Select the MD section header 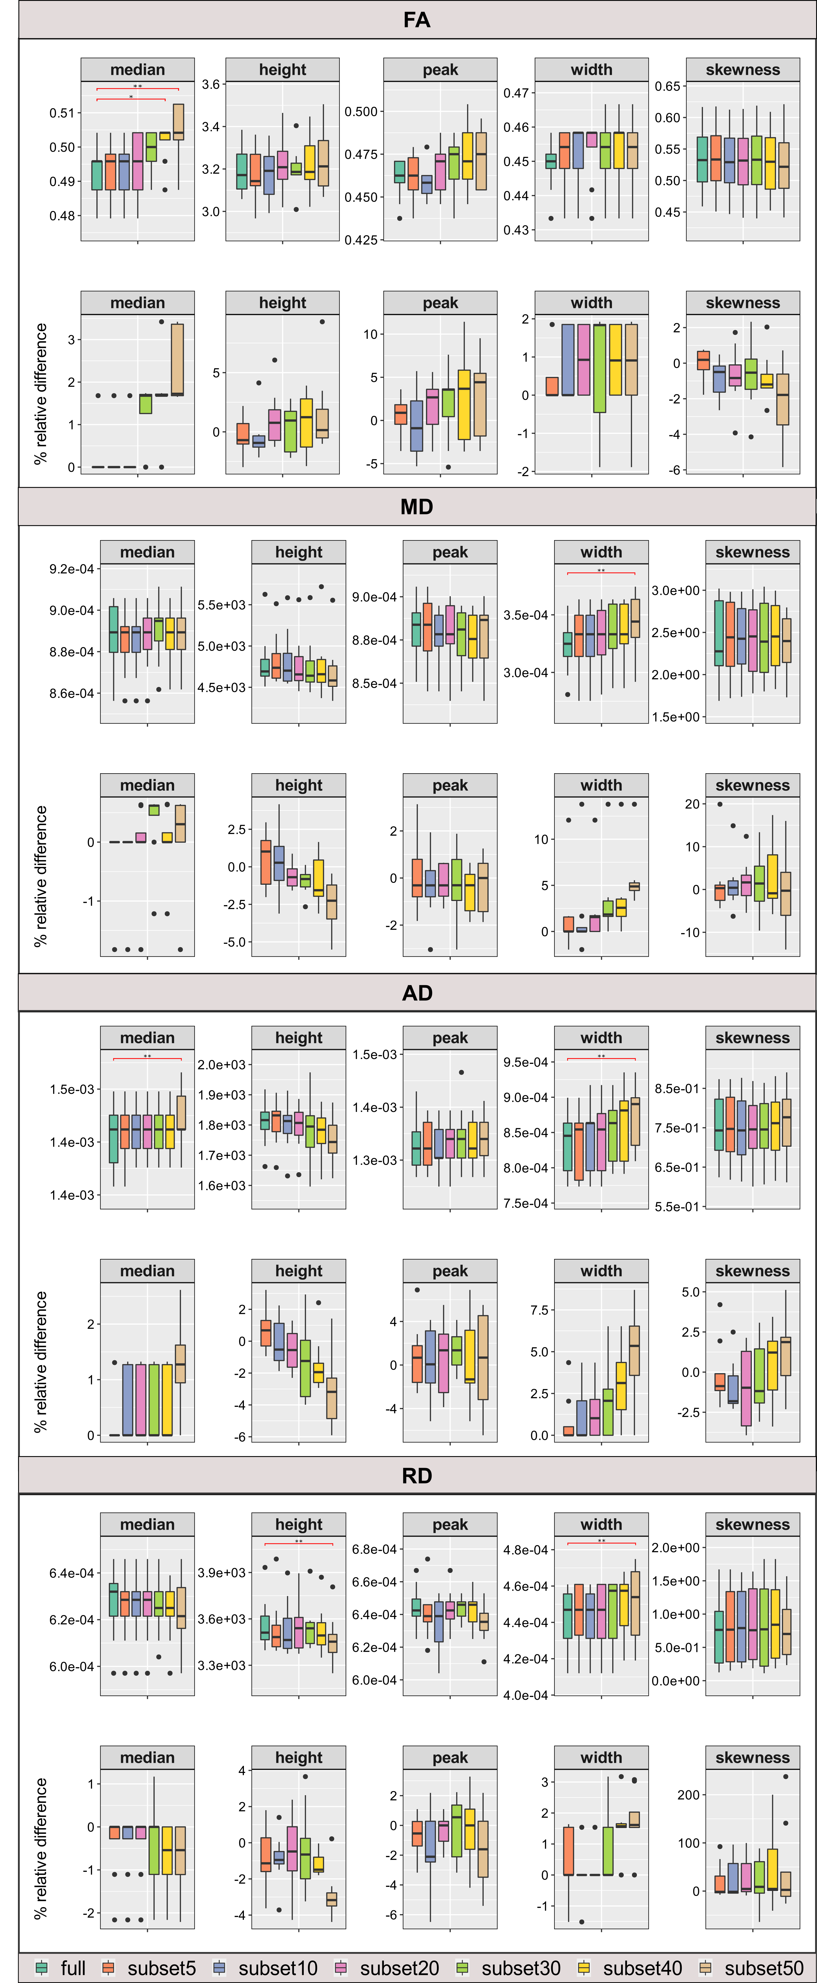(x=417, y=506)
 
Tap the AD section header (x=417, y=992)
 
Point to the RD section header (x=417, y=1476)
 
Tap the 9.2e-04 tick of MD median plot (x=72, y=569)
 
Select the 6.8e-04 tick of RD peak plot (x=374, y=1549)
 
